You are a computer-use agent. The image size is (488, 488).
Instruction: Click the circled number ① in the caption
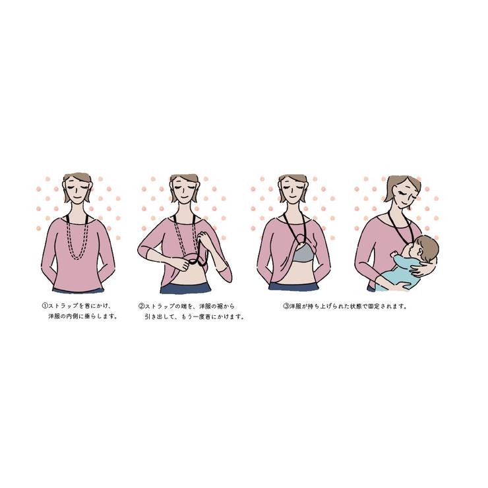point(44,305)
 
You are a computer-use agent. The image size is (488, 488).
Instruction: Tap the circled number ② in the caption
point(141,306)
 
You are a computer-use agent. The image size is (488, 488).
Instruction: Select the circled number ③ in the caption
point(286,306)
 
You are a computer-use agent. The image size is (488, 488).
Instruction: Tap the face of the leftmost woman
point(78,193)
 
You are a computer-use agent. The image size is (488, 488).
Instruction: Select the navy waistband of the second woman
point(186,289)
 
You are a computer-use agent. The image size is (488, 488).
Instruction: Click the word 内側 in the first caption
point(78,317)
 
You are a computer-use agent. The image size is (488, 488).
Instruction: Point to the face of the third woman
point(292,193)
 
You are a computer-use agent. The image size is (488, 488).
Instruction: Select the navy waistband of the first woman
point(78,290)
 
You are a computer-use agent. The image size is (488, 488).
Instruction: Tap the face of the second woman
point(184,193)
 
